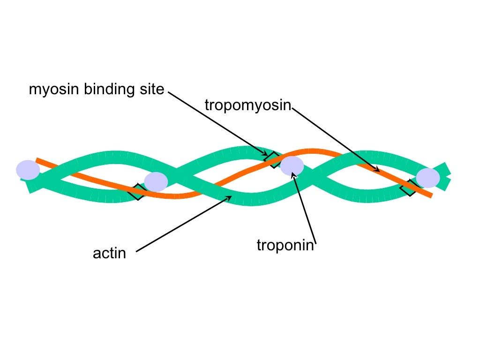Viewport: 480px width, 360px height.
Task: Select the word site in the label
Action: point(150,89)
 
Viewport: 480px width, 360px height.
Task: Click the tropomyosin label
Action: point(248,105)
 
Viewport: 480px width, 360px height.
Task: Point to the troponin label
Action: point(285,245)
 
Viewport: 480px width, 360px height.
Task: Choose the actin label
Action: point(109,254)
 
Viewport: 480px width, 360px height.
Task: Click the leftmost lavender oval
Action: point(28,170)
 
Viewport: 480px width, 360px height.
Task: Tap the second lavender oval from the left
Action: point(156,182)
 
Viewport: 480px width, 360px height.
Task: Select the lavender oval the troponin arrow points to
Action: point(292,166)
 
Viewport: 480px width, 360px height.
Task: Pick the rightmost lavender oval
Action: point(428,178)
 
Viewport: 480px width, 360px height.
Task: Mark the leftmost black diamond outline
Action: point(137,192)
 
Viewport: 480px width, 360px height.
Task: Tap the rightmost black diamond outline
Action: point(409,187)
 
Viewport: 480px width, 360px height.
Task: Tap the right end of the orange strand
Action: point(430,195)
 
